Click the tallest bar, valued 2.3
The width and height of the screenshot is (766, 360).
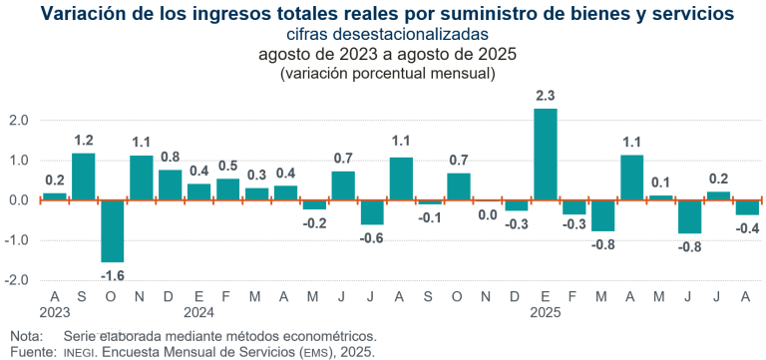545,155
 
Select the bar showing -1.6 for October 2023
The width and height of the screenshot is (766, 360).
112,231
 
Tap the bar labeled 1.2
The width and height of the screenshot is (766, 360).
83,177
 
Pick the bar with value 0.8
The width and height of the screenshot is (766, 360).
170,184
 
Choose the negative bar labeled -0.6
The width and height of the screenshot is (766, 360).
372,212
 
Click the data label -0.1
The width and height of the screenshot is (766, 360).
430,218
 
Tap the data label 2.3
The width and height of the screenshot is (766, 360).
545,96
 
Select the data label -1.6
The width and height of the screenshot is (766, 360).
112,276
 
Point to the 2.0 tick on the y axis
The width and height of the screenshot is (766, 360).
19,121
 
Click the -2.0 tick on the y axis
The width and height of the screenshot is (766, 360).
17,281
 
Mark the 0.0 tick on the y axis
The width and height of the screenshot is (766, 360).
19,200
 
